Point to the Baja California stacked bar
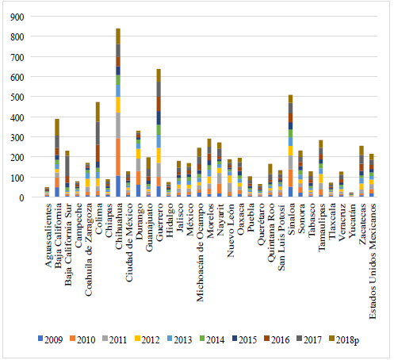coord(57,158)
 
